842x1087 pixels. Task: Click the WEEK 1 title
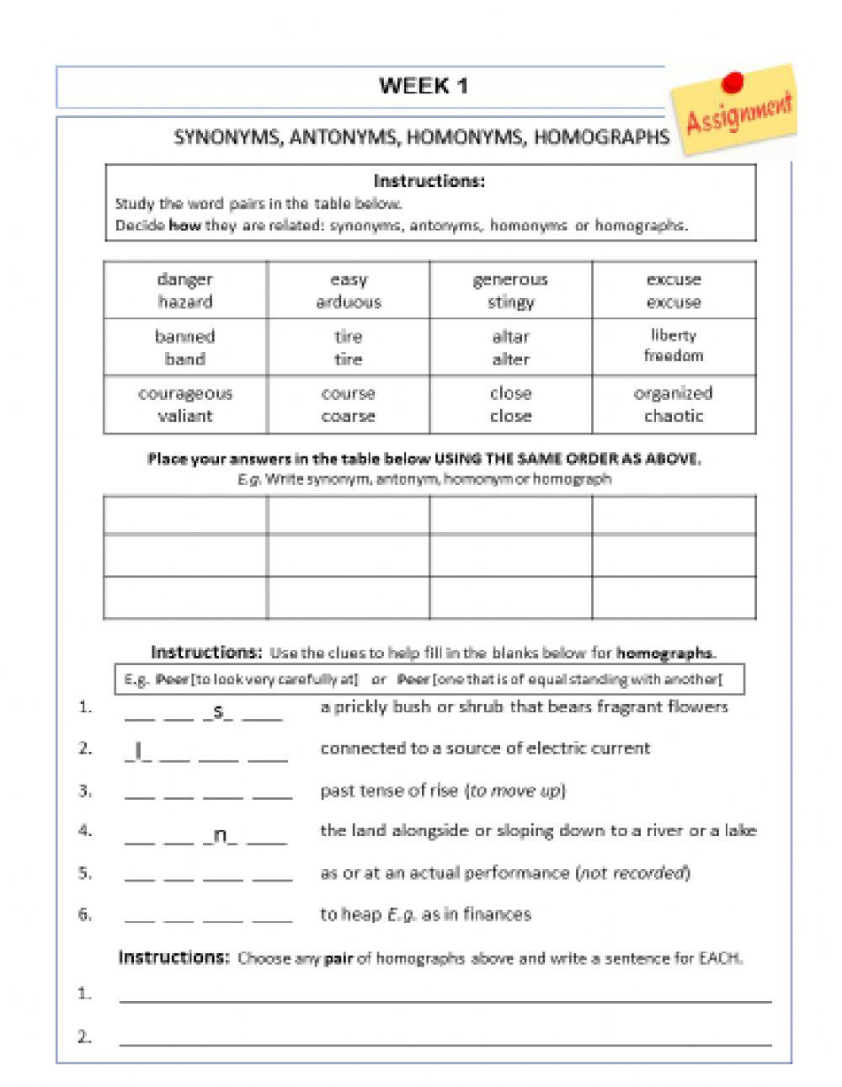(x=424, y=86)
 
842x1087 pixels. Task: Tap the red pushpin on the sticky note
(x=733, y=82)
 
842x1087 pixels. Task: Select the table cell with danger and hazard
(x=185, y=290)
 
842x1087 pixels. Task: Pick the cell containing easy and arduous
(x=348, y=290)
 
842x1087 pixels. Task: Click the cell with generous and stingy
(x=510, y=290)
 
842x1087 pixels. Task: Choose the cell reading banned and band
(x=185, y=347)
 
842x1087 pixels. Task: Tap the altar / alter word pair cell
(x=510, y=347)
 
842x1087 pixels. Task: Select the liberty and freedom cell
(x=674, y=346)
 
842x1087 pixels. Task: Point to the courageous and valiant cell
(x=185, y=404)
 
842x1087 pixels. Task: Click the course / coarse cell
(x=348, y=404)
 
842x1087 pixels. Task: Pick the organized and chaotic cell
(x=674, y=404)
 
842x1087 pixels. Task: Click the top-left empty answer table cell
(x=185, y=514)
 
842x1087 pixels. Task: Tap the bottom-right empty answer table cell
(x=674, y=597)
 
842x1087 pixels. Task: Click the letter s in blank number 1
(x=219, y=711)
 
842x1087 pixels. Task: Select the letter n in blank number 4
(x=221, y=835)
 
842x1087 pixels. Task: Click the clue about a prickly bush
(x=523, y=707)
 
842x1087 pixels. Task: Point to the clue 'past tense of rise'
(x=443, y=791)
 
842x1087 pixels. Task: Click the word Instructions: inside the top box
(x=429, y=181)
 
